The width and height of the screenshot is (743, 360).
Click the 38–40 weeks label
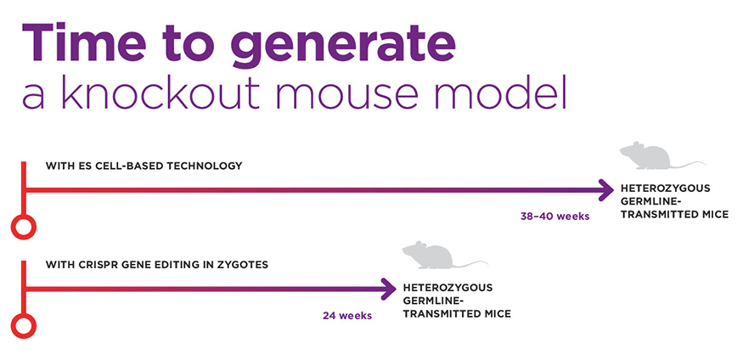(554, 216)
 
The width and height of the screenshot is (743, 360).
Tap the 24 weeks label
(346, 316)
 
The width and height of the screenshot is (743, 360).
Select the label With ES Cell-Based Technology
(144, 166)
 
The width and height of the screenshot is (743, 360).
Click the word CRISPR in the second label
(105, 265)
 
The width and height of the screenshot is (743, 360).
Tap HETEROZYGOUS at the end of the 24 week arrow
(447, 287)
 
